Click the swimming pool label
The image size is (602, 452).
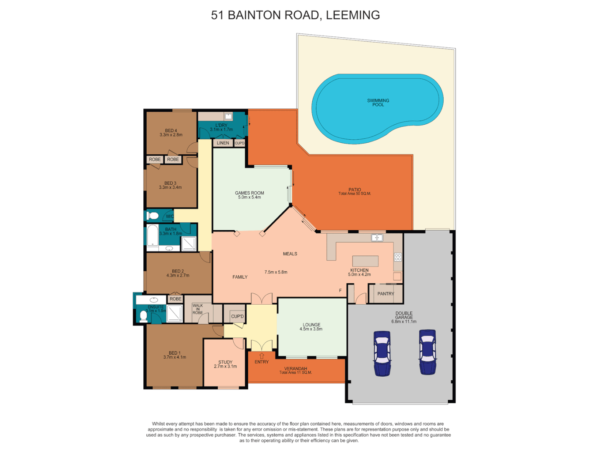[x=378, y=103]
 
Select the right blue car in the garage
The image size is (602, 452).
[x=427, y=352]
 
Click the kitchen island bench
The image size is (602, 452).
[x=365, y=261]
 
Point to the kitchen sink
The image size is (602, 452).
[x=377, y=238]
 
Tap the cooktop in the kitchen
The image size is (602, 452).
[x=398, y=257]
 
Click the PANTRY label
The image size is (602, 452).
[x=385, y=294]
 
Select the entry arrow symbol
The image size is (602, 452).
[x=262, y=356]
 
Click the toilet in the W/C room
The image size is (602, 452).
[x=153, y=216]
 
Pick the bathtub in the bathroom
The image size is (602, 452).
[x=153, y=236]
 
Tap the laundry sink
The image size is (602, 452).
[x=228, y=116]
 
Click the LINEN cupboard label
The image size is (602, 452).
[x=223, y=143]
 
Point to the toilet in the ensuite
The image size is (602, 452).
[x=144, y=316]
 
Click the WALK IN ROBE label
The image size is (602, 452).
[x=198, y=309]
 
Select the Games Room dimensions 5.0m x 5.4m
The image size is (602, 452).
[x=250, y=197]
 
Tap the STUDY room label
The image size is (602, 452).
[x=225, y=362]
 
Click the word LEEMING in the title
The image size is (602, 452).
[x=353, y=15]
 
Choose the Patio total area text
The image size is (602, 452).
[x=355, y=194]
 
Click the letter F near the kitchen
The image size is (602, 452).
[x=340, y=290]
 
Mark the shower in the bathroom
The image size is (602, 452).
[x=189, y=244]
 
